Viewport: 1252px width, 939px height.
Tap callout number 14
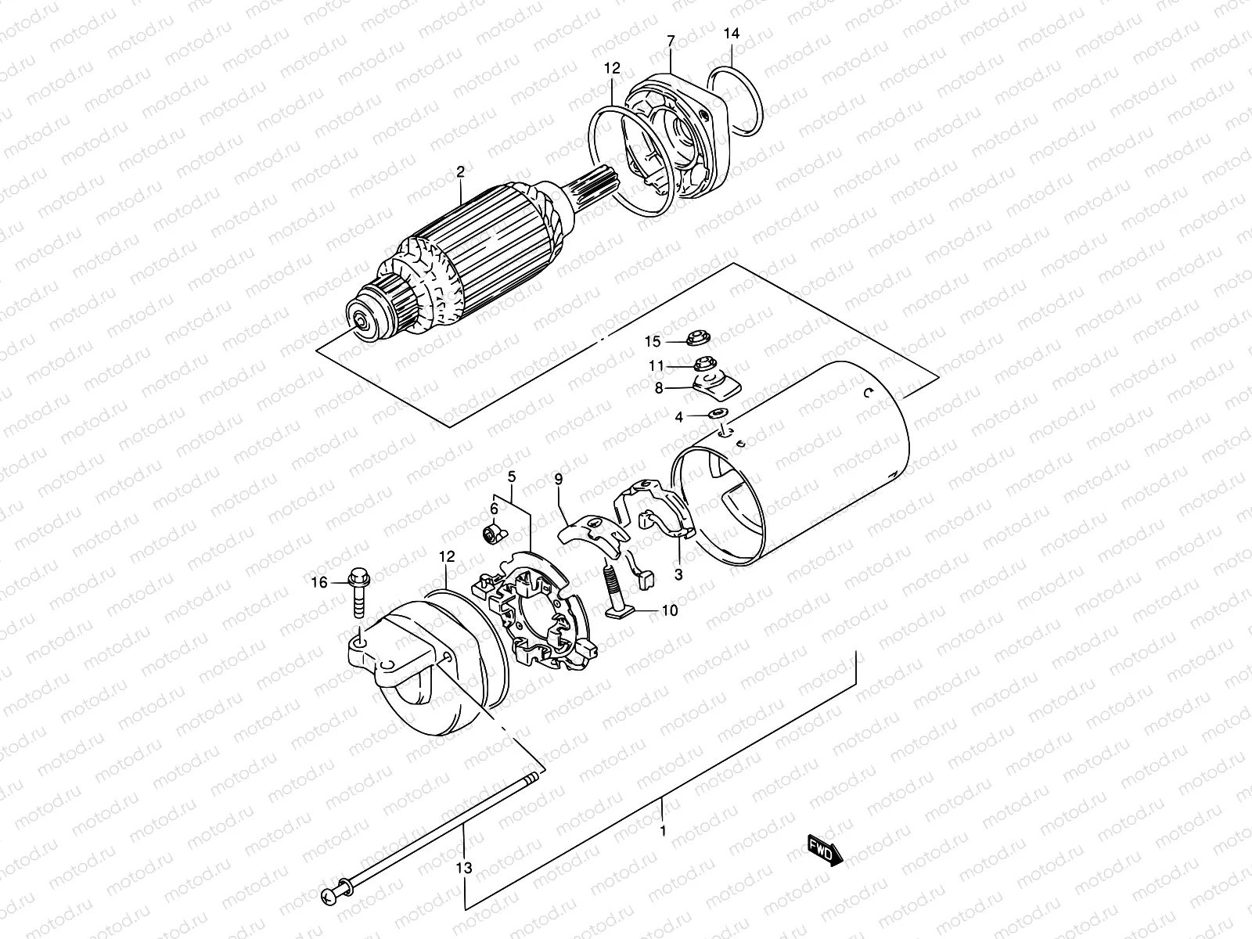[x=731, y=34]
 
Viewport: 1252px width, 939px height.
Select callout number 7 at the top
[x=670, y=39]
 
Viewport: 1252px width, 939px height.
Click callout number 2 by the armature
[x=461, y=171]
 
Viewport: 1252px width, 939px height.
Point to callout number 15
[x=653, y=341]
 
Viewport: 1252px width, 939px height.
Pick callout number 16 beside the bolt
[x=319, y=582]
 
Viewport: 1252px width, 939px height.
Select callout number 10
[x=670, y=610]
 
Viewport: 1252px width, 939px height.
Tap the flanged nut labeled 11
[x=702, y=364]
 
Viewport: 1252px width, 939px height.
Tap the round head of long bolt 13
[x=329, y=894]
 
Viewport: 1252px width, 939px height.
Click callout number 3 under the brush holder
[x=678, y=574]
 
